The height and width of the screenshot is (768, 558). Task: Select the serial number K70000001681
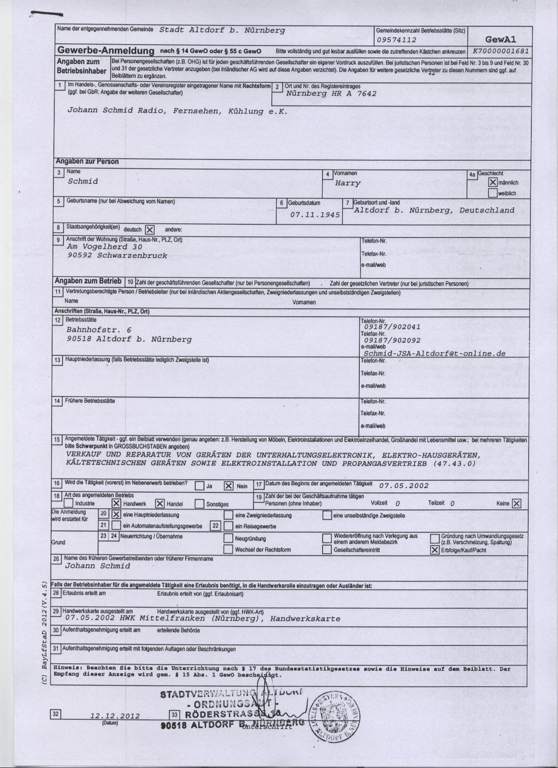pos(501,51)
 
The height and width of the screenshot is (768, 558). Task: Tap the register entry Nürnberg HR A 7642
pos(331,93)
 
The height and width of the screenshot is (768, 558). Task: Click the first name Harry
pos(347,183)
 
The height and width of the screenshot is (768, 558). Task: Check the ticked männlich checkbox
pos(493,182)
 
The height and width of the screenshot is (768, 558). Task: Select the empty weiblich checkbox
pos(493,193)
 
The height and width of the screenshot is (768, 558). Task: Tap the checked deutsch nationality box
pos(150,230)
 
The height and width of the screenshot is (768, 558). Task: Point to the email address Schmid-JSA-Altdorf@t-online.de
pos(435,353)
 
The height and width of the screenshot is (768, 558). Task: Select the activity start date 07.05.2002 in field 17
pos(404,485)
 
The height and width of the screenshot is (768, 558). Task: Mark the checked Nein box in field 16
pos(228,485)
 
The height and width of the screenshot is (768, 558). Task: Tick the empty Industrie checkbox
pos(69,503)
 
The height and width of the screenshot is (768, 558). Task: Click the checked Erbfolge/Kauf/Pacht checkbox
pos(435,550)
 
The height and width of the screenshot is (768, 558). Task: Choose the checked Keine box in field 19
pos(516,503)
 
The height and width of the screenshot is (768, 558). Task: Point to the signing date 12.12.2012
pos(115,716)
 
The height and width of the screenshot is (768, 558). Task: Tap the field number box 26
pos(56,559)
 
